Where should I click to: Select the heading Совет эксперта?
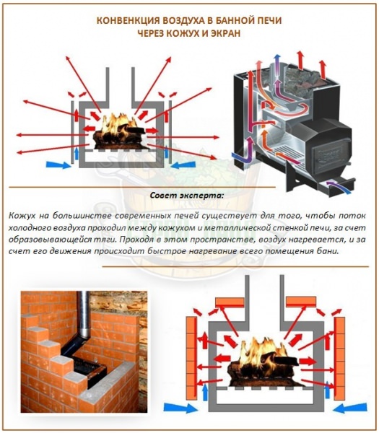[187, 196]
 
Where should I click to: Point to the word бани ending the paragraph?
[329, 252]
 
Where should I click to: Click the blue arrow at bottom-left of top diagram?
[58, 165]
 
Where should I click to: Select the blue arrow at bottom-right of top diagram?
[183, 165]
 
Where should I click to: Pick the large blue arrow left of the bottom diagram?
[180, 408]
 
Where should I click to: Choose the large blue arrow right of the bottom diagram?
[351, 408]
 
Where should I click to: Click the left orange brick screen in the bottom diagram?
[191, 358]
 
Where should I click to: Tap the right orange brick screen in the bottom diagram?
[339, 358]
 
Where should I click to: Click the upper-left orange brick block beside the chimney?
[230, 302]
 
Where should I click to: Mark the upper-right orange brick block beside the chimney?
[301, 302]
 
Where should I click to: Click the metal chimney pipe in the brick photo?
[83, 315]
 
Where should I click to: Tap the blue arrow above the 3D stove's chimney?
[276, 64]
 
